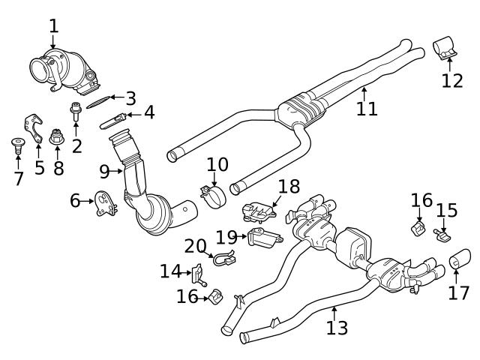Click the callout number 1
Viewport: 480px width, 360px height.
coord(53,26)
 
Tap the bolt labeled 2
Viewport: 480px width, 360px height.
coord(76,112)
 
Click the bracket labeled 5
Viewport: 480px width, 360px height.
coord(34,124)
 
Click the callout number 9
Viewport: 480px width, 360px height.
coord(105,172)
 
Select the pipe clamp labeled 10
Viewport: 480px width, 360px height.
coord(213,196)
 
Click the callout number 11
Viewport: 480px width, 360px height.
coord(366,109)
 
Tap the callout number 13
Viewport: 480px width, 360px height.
coord(337,328)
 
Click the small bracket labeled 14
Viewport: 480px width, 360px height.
coord(199,274)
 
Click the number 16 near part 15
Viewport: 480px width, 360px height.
coord(421,200)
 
